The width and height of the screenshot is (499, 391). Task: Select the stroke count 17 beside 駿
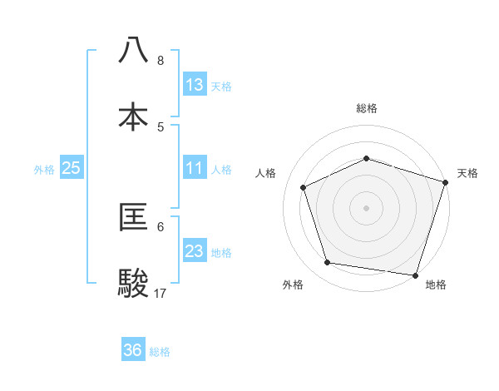(161, 293)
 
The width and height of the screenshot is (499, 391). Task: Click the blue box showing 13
(195, 85)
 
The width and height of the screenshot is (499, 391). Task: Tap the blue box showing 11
(195, 168)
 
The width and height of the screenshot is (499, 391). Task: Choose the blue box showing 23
(195, 251)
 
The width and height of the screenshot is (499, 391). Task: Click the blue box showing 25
(72, 168)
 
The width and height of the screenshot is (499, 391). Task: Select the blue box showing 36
(133, 350)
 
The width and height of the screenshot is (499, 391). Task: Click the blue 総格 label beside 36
(161, 352)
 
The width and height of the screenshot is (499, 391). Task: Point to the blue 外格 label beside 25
(44, 170)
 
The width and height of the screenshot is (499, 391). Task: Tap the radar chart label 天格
(467, 173)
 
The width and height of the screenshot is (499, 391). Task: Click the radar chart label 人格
(267, 173)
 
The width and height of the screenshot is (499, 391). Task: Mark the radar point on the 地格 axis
(415, 275)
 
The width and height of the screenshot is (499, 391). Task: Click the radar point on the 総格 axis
(366, 158)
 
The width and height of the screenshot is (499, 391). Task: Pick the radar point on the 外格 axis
(328, 263)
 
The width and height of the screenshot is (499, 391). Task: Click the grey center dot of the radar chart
(366, 208)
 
